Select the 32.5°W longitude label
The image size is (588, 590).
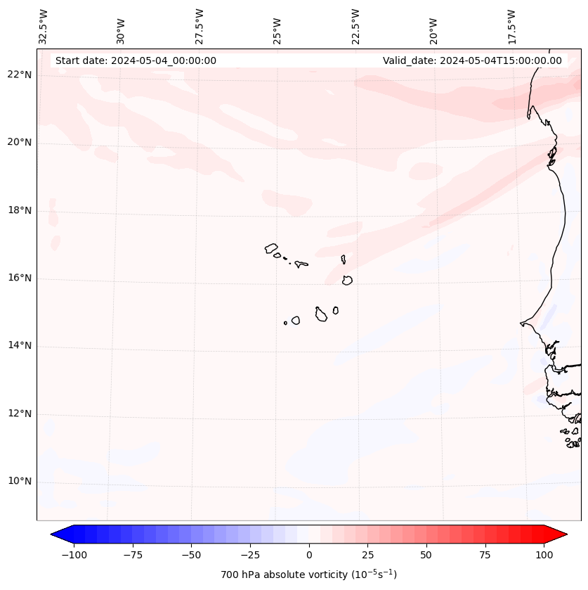point(44,26)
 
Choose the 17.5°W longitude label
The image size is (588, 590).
point(511,26)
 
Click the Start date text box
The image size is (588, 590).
point(136,60)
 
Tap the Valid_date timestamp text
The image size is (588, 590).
point(472,60)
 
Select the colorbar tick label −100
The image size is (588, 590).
point(74,556)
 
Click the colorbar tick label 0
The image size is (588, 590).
point(309,556)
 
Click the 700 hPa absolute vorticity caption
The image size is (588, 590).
point(309,575)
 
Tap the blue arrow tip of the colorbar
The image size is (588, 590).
point(54,535)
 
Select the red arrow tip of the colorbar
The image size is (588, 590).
point(564,535)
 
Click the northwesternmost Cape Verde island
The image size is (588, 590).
point(271,248)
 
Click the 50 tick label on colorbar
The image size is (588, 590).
point(426,556)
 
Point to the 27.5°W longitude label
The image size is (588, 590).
point(200,26)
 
